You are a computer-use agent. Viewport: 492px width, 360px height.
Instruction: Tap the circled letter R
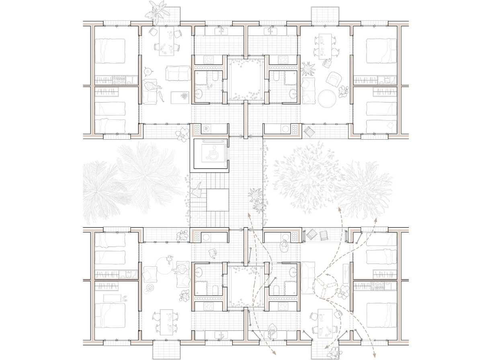[x=206, y=129]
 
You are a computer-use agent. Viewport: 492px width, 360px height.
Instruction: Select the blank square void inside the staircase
[x=218, y=200]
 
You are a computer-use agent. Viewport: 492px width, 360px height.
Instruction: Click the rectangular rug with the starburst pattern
[x=180, y=97]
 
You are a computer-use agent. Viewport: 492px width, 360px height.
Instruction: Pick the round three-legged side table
[x=149, y=72]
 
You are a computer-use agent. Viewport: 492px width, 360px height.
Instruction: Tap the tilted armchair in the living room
[x=334, y=78]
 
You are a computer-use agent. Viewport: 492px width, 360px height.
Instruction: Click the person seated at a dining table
[x=327, y=63]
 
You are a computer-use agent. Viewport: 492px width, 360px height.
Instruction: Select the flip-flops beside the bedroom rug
[x=125, y=298]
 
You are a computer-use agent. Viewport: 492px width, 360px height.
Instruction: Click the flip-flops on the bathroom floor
[x=209, y=86]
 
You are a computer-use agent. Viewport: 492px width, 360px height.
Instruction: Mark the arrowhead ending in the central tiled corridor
[x=249, y=215]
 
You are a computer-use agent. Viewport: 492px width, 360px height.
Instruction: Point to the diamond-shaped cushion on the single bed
[x=391, y=125]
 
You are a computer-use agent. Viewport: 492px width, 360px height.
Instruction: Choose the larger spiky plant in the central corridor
[x=255, y=195]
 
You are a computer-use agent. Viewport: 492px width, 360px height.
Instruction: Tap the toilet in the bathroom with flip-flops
[x=215, y=76]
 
